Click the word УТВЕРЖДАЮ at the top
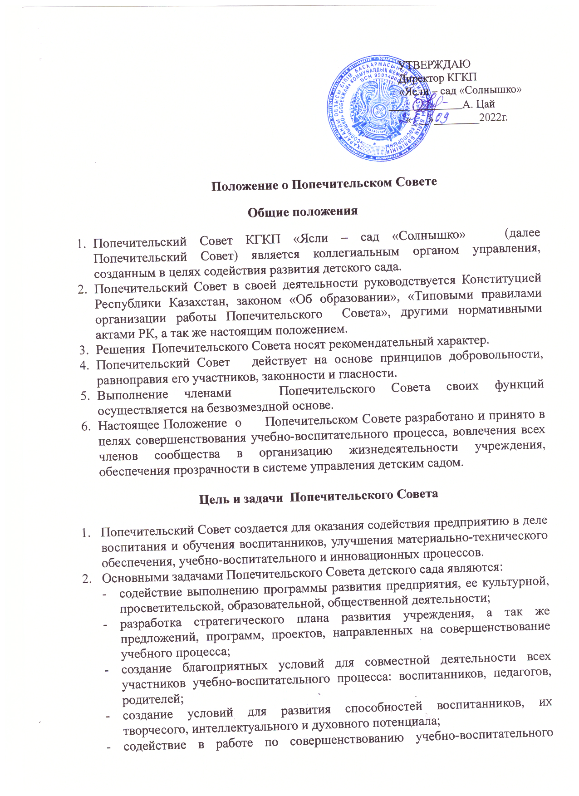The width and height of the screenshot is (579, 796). (434, 64)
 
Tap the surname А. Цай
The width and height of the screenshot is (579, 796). (479, 104)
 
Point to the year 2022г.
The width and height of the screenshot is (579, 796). (494, 118)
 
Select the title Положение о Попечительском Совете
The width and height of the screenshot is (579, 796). (324, 184)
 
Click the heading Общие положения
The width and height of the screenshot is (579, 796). (303, 211)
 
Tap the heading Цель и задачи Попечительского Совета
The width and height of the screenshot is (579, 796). (319, 496)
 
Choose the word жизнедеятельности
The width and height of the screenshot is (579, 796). (403, 447)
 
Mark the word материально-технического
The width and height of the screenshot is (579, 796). (472, 538)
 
